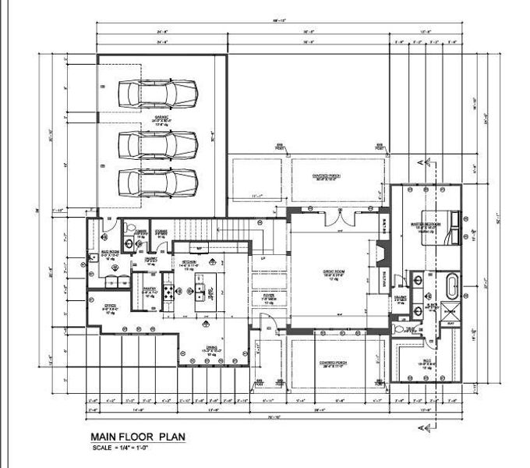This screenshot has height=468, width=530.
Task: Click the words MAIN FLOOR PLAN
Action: (139, 437)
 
